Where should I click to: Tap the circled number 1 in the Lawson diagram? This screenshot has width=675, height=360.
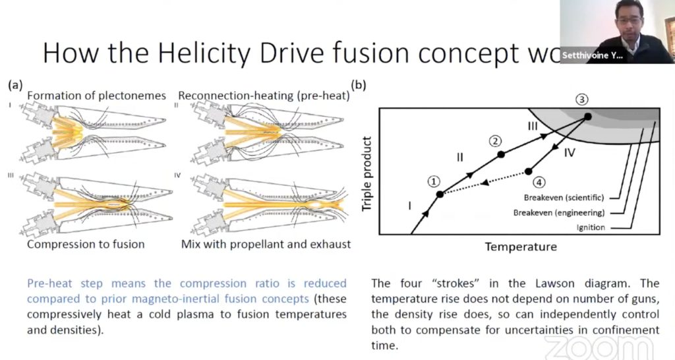coord(432,181)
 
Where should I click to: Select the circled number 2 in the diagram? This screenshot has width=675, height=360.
coord(496,140)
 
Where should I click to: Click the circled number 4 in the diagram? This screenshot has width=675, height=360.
coord(539,182)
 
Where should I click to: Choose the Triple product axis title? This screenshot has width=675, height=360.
coord(368,173)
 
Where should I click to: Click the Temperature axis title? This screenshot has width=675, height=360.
coord(521,247)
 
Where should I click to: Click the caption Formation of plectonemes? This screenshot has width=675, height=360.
coord(96,96)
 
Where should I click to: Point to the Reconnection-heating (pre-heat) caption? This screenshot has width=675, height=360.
coord(264,96)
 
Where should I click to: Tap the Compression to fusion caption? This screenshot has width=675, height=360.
coord(86,245)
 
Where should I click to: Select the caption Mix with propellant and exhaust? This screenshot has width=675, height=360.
coord(266,245)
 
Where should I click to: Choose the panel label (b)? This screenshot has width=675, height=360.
coord(360,85)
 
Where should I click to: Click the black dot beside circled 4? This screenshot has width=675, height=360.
coord(529,171)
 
